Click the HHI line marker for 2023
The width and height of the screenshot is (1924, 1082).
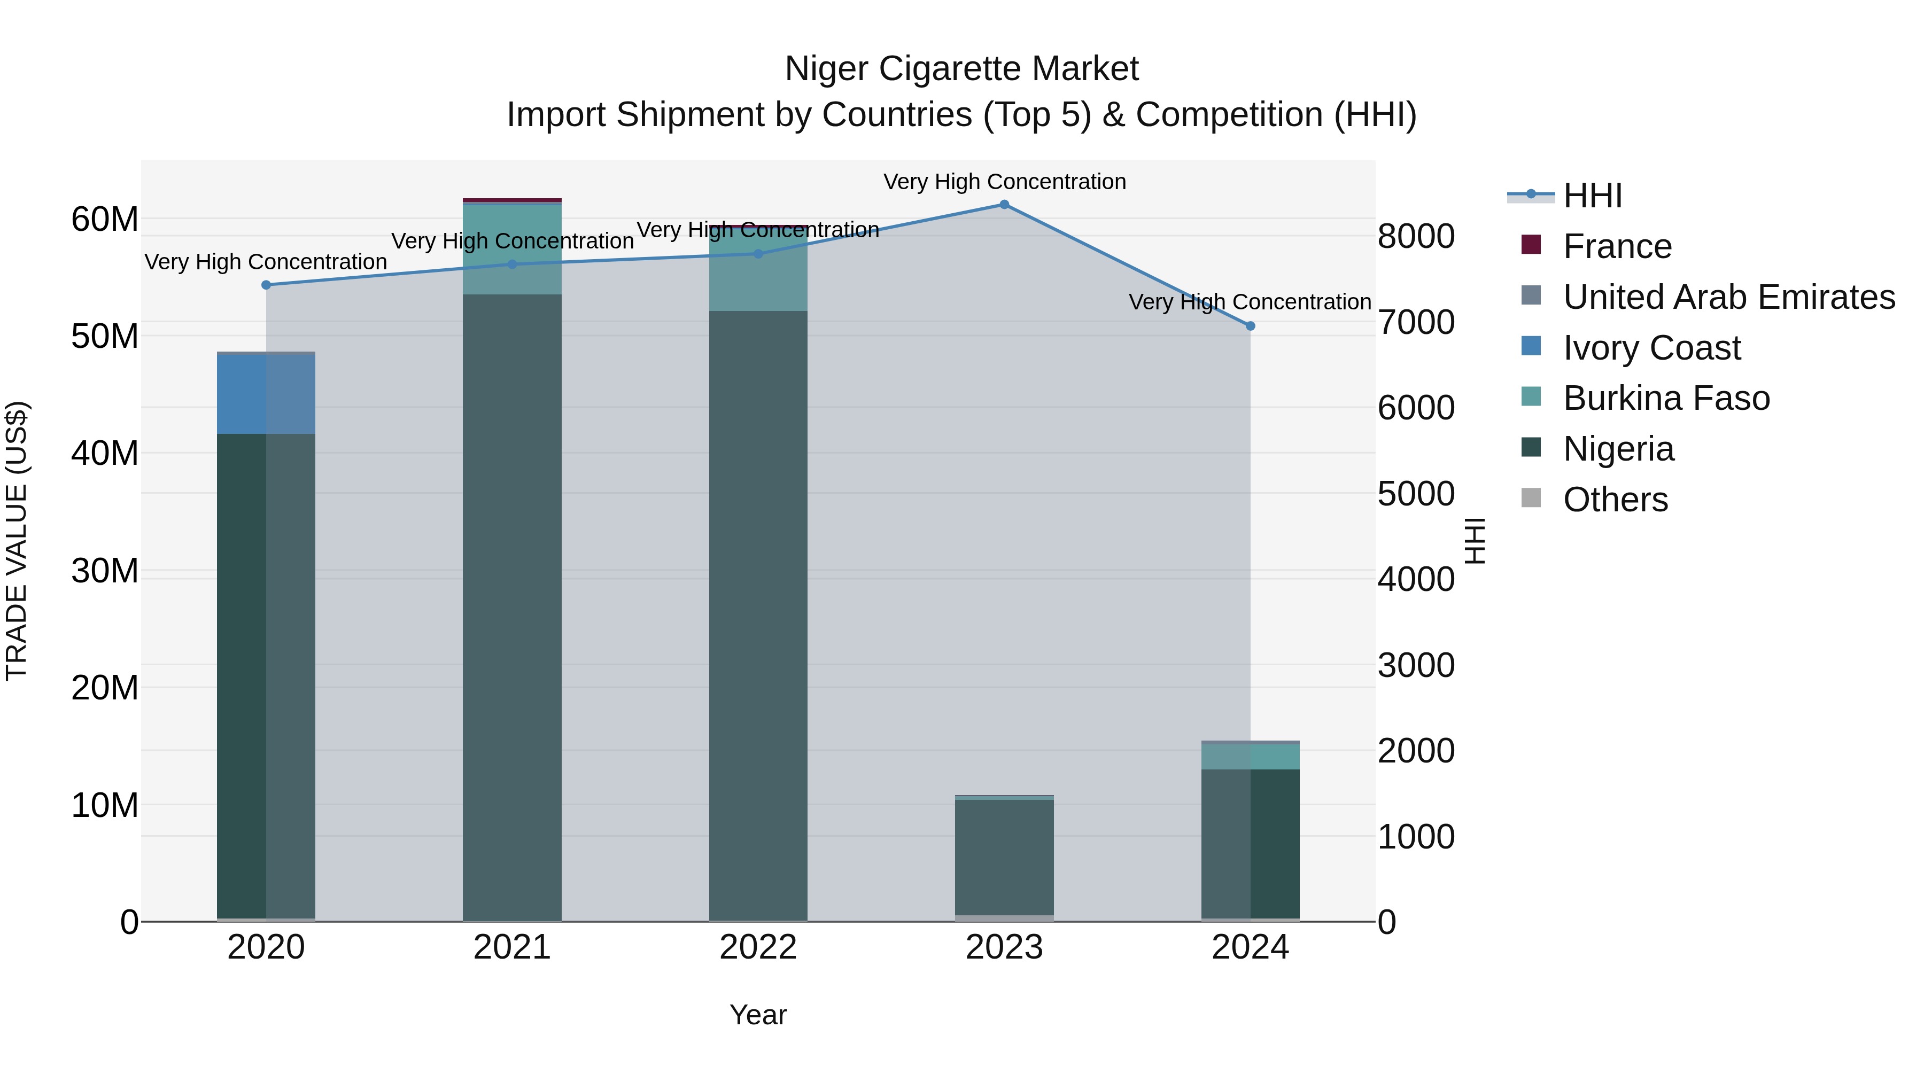coord(1004,205)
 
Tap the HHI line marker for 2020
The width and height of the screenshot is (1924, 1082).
coord(266,284)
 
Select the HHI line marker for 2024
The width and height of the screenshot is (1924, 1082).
coord(1250,325)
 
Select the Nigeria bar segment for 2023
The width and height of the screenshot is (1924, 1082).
coord(1004,857)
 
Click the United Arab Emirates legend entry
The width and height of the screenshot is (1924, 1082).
coord(1728,297)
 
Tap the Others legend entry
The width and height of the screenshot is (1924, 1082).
coord(1615,500)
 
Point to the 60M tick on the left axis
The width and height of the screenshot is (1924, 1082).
coord(105,220)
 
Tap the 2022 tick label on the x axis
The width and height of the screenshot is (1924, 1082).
coord(757,947)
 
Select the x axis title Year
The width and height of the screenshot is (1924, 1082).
coord(757,1015)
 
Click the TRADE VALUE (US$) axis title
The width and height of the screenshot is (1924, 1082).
coord(17,541)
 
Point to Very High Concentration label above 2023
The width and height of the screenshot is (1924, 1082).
coord(1004,182)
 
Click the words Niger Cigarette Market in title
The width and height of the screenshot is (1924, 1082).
coord(961,69)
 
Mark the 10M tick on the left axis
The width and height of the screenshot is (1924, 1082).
coord(105,805)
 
